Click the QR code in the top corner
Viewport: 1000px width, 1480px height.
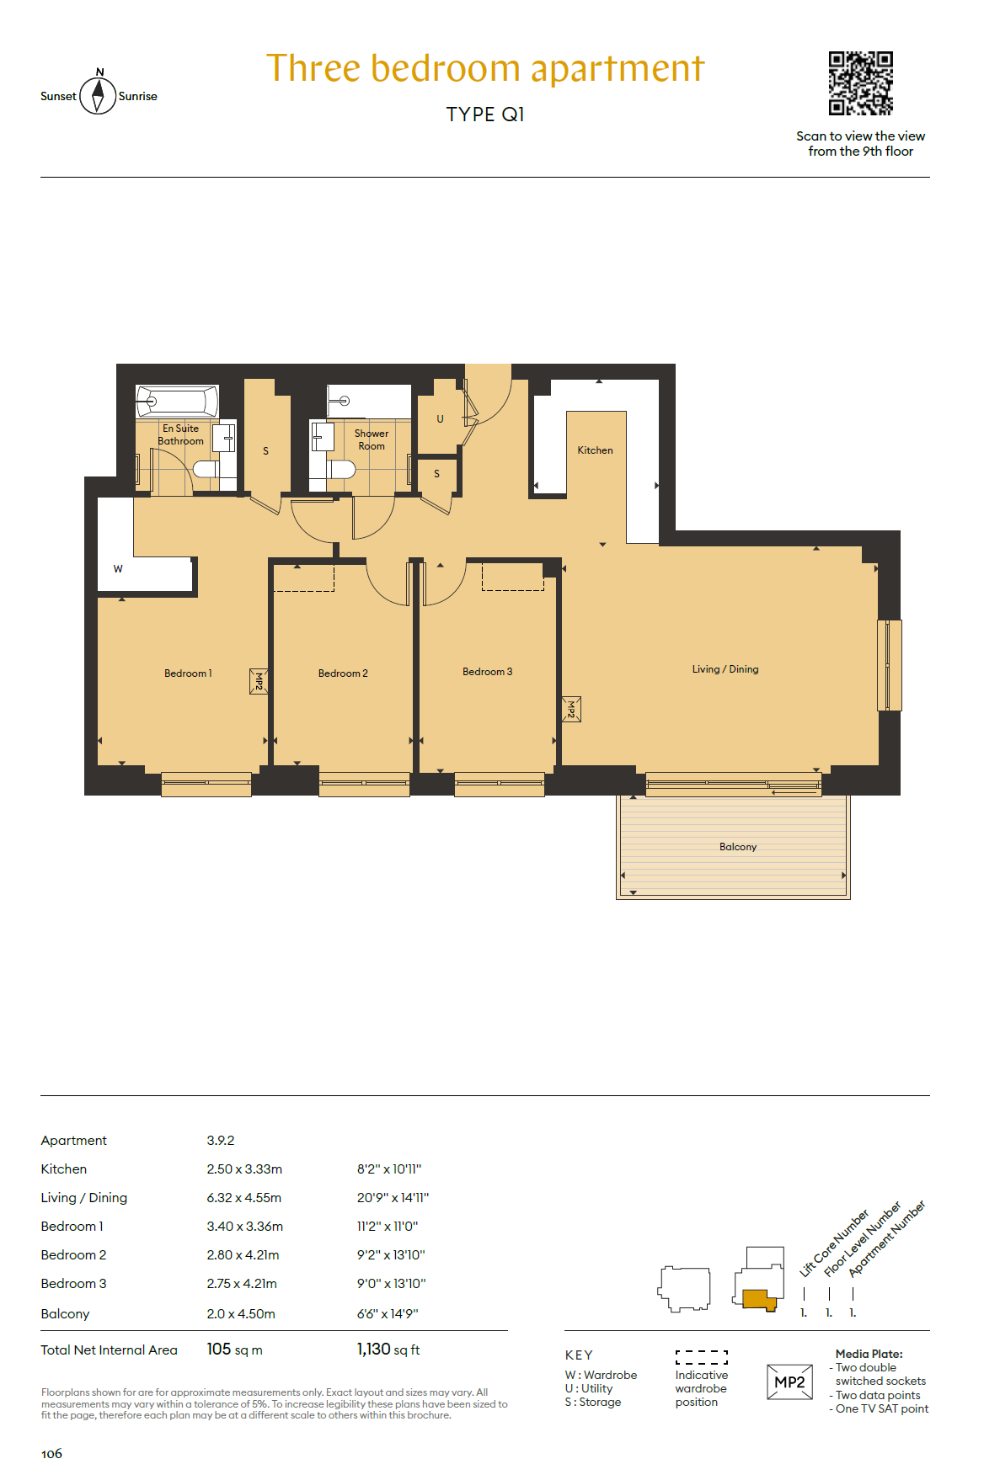tap(860, 83)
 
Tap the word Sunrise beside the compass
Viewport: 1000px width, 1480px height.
tap(138, 96)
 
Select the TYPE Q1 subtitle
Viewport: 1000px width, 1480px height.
tap(485, 114)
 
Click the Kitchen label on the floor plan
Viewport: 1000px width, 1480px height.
tap(596, 450)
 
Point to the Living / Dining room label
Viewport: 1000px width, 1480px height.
tap(725, 669)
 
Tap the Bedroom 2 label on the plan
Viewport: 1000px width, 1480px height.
tap(343, 673)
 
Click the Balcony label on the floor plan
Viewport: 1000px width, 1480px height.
tap(738, 847)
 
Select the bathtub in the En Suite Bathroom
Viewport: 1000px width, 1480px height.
tap(178, 401)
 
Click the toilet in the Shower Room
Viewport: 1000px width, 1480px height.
tap(340, 469)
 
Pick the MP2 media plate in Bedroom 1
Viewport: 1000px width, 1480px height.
tap(259, 681)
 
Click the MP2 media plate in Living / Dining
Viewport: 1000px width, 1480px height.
tap(571, 710)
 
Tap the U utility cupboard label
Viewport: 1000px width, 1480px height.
tap(440, 418)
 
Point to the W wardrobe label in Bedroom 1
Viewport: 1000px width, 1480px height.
tap(118, 569)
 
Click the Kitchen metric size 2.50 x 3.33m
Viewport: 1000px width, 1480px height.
tap(244, 1169)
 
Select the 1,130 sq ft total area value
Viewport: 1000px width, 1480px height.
tap(388, 1350)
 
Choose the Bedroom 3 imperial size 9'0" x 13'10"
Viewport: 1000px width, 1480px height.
tap(392, 1284)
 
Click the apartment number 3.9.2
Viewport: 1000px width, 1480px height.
tap(221, 1141)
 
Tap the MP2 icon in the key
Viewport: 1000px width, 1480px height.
tap(789, 1382)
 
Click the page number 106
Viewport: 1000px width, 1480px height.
tap(51, 1454)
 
